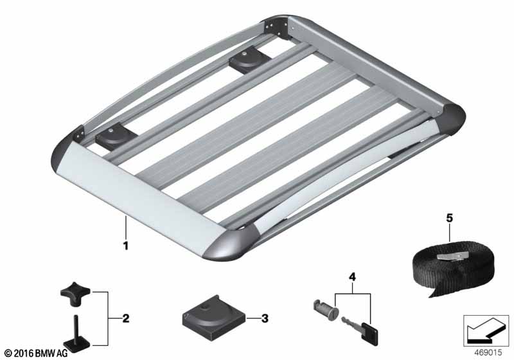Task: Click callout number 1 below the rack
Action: tap(125, 245)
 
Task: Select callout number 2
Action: tap(125, 318)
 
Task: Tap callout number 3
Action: tap(265, 318)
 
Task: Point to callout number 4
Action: tap(352, 277)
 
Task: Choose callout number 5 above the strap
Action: tap(449, 218)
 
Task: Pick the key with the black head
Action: tap(360, 329)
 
